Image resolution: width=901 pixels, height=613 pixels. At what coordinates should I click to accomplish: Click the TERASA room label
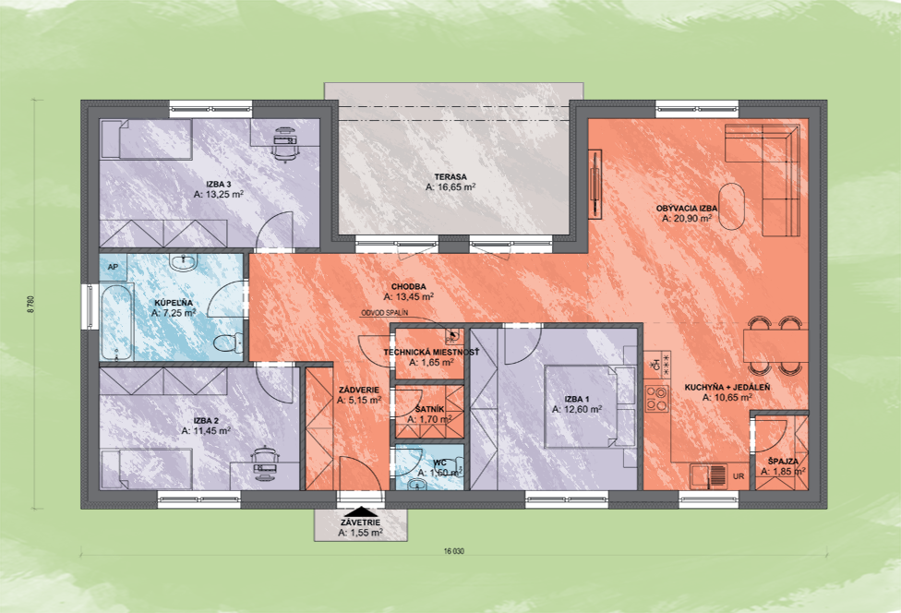coord(450,177)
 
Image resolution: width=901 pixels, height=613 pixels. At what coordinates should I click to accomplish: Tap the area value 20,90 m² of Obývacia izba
coord(687,219)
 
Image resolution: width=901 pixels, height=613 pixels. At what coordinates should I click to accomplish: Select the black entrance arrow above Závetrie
coord(360,511)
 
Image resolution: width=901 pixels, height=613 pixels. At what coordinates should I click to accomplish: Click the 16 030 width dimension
coord(454,551)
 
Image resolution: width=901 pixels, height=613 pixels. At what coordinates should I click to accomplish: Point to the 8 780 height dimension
coord(30,304)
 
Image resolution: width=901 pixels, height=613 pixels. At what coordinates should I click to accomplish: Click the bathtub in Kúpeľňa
coord(116,323)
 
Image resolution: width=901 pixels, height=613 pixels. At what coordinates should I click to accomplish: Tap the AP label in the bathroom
coord(113,267)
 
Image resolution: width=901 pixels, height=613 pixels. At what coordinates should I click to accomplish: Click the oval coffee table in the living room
coord(731,206)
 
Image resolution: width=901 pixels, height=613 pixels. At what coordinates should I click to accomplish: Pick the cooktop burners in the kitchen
coord(656,398)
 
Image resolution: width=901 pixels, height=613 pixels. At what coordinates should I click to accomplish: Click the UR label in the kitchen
coord(739,476)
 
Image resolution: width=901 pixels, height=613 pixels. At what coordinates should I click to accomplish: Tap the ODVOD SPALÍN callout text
coord(384,313)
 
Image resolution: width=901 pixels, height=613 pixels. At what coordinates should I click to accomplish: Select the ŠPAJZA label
coord(783,462)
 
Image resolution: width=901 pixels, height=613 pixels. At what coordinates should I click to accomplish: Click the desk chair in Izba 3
coord(285,147)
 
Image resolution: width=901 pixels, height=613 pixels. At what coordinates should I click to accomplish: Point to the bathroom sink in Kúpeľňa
coord(184,263)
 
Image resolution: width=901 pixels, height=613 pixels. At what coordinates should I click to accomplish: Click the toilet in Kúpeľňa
coord(228,343)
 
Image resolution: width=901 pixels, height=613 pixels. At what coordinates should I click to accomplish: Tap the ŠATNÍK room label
coord(430,409)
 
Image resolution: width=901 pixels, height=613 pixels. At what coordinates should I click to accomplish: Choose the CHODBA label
coord(409,287)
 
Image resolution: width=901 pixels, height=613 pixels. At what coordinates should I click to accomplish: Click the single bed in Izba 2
coord(146,469)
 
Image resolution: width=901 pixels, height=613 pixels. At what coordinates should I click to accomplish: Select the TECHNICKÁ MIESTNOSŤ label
coord(431,352)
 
